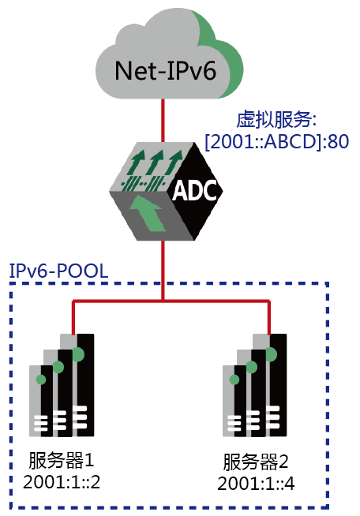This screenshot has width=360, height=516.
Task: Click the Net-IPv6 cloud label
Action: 165,71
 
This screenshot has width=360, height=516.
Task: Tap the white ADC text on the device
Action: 194,190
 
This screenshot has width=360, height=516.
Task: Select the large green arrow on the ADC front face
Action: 147,213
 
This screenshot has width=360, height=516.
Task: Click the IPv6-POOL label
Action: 58,271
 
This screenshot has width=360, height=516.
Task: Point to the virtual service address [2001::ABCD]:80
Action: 276,142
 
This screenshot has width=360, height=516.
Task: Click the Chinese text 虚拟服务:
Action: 276,119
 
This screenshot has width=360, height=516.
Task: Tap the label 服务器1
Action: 62,460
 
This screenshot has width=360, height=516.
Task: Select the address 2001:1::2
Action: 62,482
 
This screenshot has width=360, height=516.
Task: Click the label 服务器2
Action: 256,462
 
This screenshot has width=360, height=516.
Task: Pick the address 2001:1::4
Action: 256,484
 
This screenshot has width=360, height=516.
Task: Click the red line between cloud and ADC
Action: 163,121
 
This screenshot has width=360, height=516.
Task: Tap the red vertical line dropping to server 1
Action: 73,317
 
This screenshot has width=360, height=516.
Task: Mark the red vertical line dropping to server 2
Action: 269,317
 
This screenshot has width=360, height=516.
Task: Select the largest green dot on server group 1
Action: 78,354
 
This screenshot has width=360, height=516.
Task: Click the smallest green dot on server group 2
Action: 234,380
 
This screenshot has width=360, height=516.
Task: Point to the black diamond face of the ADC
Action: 195,191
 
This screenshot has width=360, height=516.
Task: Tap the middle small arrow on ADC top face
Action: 157,163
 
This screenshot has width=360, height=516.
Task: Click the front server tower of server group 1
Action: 42,401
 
